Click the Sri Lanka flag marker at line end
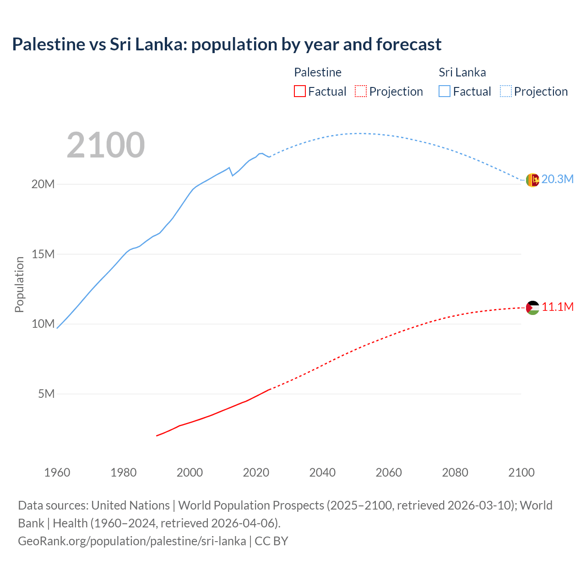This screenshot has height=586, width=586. pyautogui.click(x=532, y=180)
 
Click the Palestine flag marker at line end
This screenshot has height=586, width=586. pyautogui.click(x=532, y=308)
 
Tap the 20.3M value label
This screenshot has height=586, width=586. pyautogui.click(x=557, y=179)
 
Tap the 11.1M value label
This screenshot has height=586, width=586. pyautogui.click(x=558, y=307)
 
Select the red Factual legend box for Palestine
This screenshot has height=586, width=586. pyautogui.click(x=299, y=92)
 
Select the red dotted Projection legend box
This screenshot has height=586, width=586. pyautogui.click(x=361, y=92)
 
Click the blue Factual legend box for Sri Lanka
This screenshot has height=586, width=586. pyautogui.click(x=445, y=92)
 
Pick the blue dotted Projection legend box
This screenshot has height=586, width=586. pyautogui.click(x=506, y=92)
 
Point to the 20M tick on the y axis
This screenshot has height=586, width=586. pyautogui.click(x=43, y=184)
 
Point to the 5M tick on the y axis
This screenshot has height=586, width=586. pyautogui.click(x=46, y=394)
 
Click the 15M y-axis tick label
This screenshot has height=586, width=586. pyautogui.click(x=43, y=254)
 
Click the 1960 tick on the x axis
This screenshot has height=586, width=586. pyautogui.click(x=57, y=472)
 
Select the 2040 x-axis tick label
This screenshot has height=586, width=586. pyautogui.click(x=322, y=472)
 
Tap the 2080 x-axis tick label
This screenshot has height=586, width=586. pyautogui.click(x=455, y=472)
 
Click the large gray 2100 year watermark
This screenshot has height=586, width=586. pyautogui.click(x=106, y=145)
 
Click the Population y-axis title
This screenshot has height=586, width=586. pyautogui.click(x=19, y=284)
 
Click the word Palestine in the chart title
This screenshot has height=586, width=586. pyautogui.click(x=49, y=44)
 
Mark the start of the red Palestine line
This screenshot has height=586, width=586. pyautogui.click(x=157, y=435)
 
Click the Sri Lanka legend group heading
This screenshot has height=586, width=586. pyautogui.click(x=462, y=72)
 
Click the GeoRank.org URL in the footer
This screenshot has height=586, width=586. pyautogui.click(x=132, y=541)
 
